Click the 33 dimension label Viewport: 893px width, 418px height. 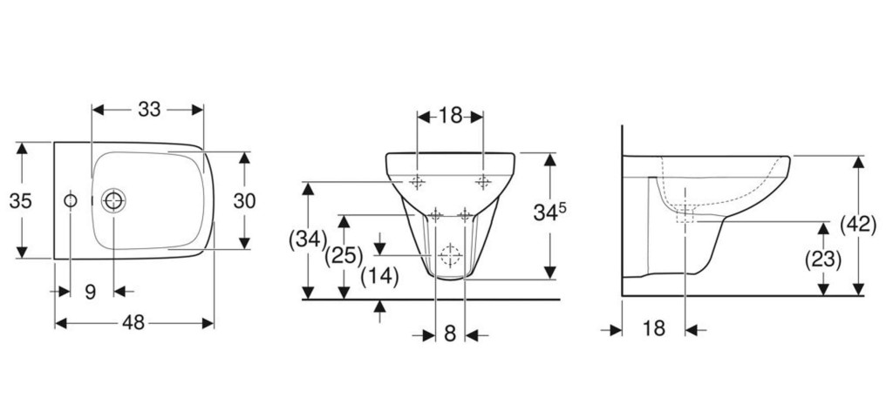pyautogui.click(x=149, y=109)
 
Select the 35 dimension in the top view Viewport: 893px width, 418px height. pyautogui.click(x=21, y=201)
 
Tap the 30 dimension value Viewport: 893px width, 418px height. pyautogui.click(x=244, y=201)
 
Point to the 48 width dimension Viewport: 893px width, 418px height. pyautogui.click(x=133, y=323)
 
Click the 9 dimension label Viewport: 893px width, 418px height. pyautogui.click(x=90, y=292)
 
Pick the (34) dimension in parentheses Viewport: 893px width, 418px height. pyautogui.click(x=308, y=239)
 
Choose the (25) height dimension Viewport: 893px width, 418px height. pyautogui.click(x=344, y=256)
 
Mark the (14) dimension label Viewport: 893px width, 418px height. pyautogui.click(x=380, y=276)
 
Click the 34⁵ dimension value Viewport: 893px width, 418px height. pyautogui.click(x=549, y=212)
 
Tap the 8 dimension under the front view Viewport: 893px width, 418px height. pyautogui.click(x=450, y=334)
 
